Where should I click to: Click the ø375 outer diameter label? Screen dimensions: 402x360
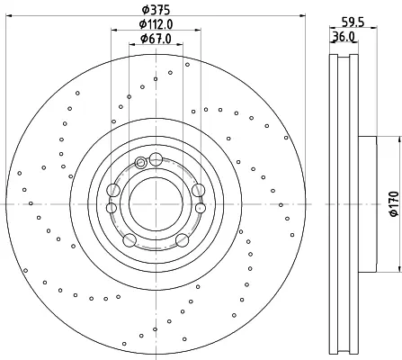pos(156,10)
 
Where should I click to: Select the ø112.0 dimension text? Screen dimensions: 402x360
pos(156,24)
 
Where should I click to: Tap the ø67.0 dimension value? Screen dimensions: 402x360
pos(156,39)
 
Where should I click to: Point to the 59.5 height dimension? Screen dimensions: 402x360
pos(353,22)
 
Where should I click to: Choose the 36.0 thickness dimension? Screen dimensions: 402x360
pos(344,36)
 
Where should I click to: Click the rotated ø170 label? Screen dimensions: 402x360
pos(394,203)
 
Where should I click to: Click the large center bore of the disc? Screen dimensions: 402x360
pos(156,204)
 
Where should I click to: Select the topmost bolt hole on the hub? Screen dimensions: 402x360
pos(156,158)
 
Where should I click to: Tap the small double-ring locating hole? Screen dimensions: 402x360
pos(140,163)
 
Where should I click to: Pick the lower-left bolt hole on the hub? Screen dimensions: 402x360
pos(130,240)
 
